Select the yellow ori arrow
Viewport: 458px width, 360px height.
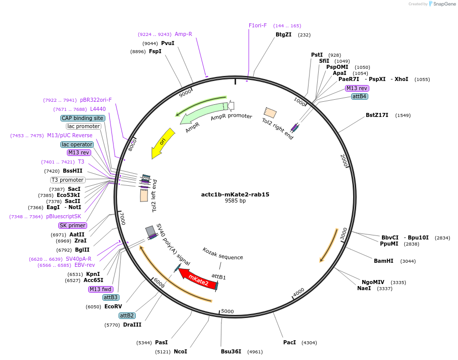coord(163,142)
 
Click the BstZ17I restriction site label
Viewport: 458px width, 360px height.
coord(377,115)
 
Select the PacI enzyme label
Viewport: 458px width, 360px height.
coord(289,343)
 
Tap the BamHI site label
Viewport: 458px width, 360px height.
coord(384,261)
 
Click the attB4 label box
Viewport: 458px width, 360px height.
coord(359,96)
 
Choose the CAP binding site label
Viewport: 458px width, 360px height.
coord(83,118)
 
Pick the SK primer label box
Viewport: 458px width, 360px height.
coord(72,225)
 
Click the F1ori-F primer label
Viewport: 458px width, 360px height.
coord(257,25)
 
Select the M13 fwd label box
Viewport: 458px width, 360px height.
coord(100,289)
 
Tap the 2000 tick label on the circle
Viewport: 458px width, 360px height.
coord(343,161)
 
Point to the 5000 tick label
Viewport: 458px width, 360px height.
coord(227,311)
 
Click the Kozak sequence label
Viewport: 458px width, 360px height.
coord(223,257)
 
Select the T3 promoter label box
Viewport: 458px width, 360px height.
coord(67,180)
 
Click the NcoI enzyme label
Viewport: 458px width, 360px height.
coord(180,351)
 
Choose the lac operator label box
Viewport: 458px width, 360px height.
coord(77,144)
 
